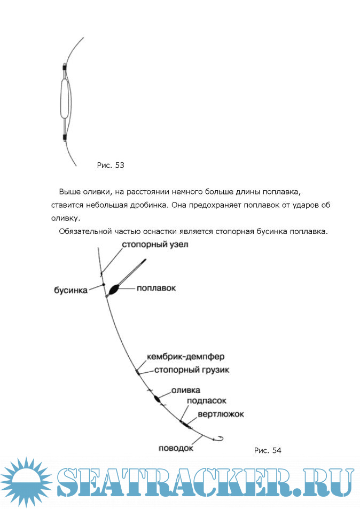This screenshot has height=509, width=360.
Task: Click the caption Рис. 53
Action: (111, 166)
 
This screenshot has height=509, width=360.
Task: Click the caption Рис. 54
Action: (267, 451)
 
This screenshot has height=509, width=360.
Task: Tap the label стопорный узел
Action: (155, 244)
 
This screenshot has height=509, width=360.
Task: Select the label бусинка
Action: (71, 291)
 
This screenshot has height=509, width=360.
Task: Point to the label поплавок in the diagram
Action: (156, 288)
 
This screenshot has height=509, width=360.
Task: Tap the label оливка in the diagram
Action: (185, 391)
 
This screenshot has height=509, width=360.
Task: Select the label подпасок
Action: (207, 400)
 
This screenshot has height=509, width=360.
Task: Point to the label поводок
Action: (175, 448)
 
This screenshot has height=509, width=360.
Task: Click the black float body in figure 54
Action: (114, 291)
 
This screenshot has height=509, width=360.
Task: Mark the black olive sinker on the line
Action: (157, 398)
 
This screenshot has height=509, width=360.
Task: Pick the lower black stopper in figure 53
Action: (65, 137)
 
